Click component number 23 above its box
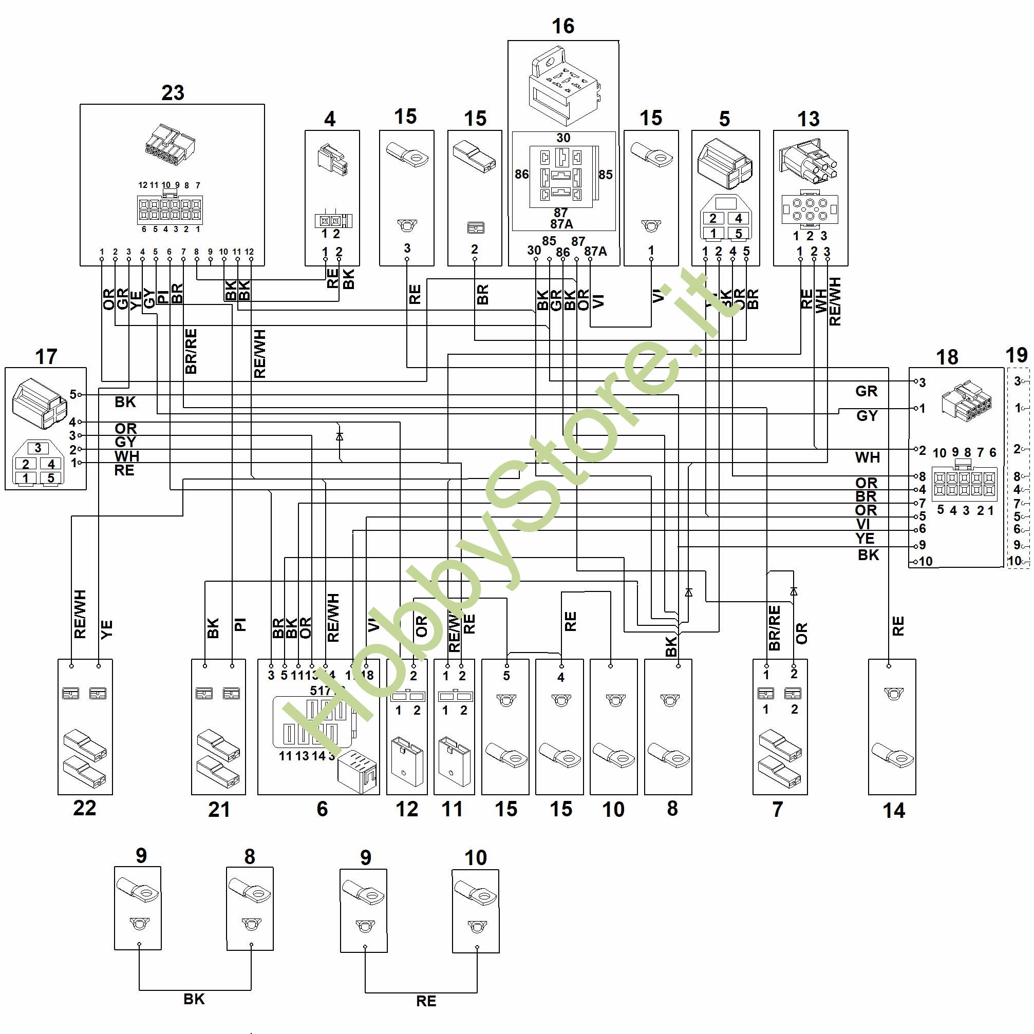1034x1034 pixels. (173, 92)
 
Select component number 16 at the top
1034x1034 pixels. (563, 26)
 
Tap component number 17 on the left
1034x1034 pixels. (46, 356)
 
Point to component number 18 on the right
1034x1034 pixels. (947, 357)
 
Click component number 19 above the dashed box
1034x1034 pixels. (1017, 355)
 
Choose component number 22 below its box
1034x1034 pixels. (85, 808)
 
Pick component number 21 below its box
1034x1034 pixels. (219, 810)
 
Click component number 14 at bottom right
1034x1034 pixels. (894, 811)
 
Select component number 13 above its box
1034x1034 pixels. (809, 119)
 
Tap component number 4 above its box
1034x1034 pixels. (330, 119)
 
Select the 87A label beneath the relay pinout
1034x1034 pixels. (561, 224)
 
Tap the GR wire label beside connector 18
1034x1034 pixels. (866, 391)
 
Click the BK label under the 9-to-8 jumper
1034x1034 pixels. (194, 999)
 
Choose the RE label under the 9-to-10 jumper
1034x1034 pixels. (426, 1001)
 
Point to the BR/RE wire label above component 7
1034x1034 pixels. (774, 627)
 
